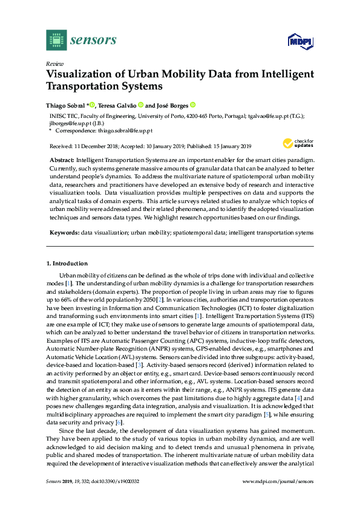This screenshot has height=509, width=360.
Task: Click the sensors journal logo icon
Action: [x=56, y=40]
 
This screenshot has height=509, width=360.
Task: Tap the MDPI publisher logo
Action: [x=298, y=41]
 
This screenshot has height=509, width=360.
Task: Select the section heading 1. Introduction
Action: [x=67, y=264]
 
